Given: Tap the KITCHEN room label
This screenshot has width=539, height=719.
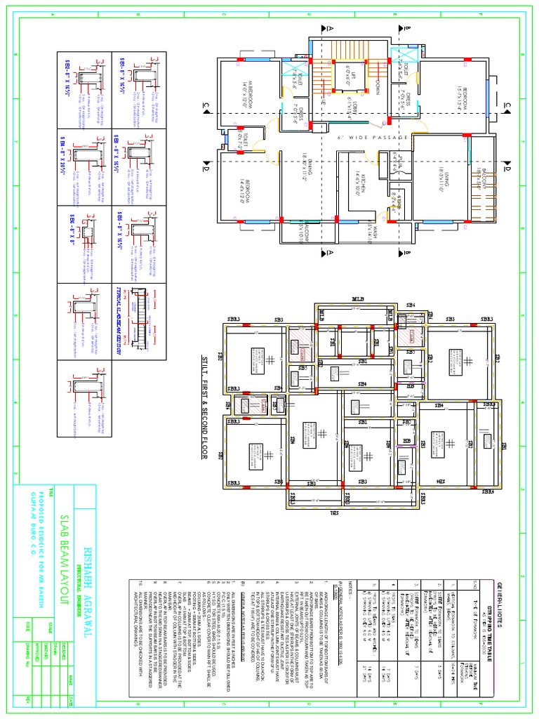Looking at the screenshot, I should click(360, 180).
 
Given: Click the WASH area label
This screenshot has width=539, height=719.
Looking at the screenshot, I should click(368, 229).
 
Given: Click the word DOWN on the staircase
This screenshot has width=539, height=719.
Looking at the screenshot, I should click(376, 87).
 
